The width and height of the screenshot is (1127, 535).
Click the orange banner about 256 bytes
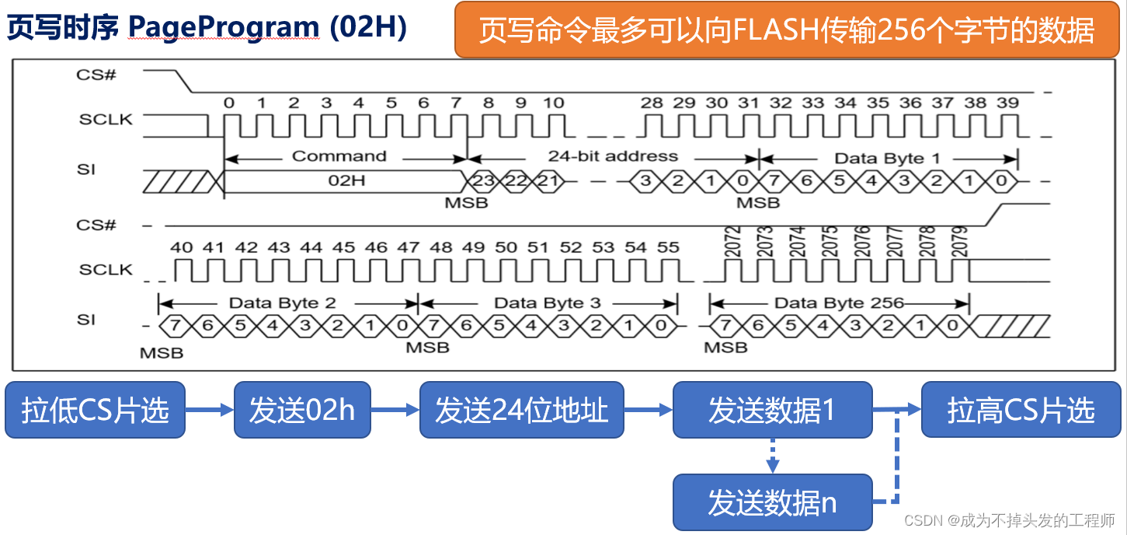pyautogui.click(x=786, y=30)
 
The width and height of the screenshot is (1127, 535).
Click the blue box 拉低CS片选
pyautogui.click(x=96, y=410)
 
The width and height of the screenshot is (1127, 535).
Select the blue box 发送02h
pyautogui.click(x=301, y=410)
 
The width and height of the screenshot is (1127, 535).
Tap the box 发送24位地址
pyautogui.click(x=521, y=410)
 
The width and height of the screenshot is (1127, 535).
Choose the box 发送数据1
pyautogui.click(x=772, y=410)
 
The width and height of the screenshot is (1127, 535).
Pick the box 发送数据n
pyautogui.click(x=772, y=502)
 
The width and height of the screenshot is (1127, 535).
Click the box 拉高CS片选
pyautogui.click(x=1021, y=410)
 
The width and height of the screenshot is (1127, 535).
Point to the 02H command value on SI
pyautogui.click(x=346, y=182)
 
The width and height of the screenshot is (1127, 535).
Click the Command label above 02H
pyautogui.click(x=339, y=156)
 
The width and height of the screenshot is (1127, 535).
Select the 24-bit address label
pyautogui.click(x=613, y=156)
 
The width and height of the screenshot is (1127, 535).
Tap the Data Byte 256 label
pyautogui.click(x=839, y=302)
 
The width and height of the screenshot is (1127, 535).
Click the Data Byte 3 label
pyautogui.click(x=548, y=302)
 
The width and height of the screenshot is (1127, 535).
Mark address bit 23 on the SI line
pyautogui.click(x=483, y=182)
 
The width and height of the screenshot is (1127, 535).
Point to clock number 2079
pyautogui.click(x=961, y=243)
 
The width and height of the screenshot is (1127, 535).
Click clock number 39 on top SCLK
pyautogui.click(x=1007, y=103)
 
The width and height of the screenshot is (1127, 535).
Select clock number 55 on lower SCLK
pyautogui.click(x=668, y=247)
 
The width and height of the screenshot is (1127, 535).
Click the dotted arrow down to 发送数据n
pyautogui.click(x=772, y=455)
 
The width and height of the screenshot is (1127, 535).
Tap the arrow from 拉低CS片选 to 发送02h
pyautogui.click(x=210, y=410)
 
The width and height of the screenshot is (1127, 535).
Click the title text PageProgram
pyautogui.click(x=224, y=28)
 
